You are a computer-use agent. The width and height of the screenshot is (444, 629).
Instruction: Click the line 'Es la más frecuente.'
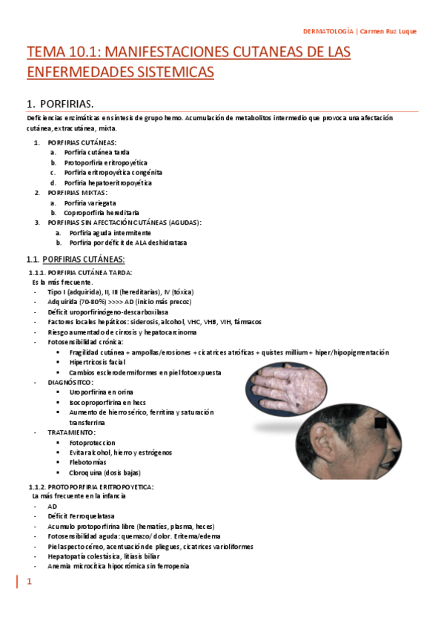(62, 282)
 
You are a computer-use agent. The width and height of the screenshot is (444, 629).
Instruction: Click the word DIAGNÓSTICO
(70, 382)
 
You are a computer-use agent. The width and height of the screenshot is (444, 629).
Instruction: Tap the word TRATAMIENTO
(71, 432)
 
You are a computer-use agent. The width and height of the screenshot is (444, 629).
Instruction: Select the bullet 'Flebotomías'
(88, 462)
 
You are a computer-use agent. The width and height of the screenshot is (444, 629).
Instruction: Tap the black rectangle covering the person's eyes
(380, 424)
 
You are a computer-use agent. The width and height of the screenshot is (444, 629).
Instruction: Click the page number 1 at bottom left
(30, 583)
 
